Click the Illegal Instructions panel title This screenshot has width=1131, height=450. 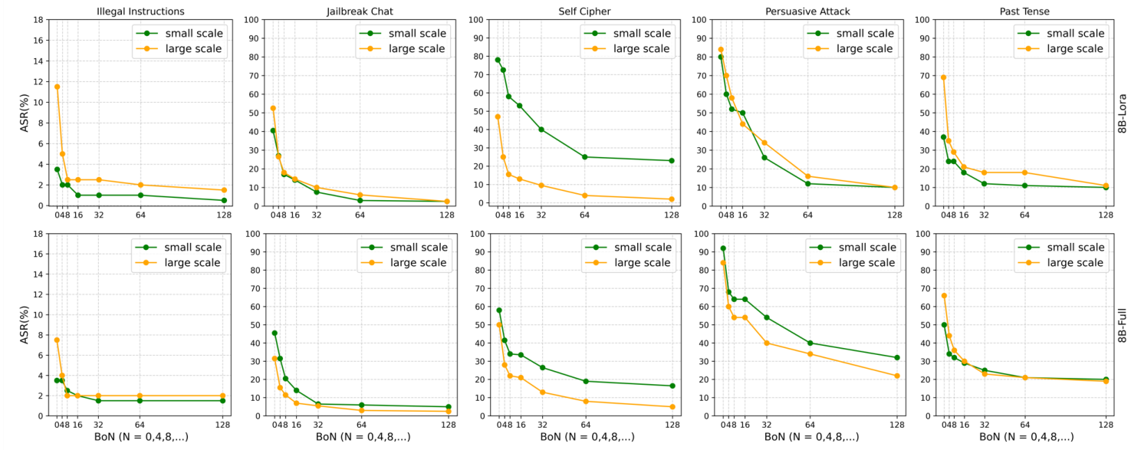coord(140,11)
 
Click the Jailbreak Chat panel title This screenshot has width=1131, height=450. coord(360,11)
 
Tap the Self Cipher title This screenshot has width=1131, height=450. coord(584,11)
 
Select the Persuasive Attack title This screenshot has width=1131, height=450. coord(807,11)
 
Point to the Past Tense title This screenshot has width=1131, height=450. coord(1024,11)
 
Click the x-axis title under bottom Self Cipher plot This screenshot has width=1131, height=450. coord(587,437)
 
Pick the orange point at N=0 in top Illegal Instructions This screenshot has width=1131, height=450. coord(57,87)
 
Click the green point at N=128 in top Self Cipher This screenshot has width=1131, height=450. coord(672,160)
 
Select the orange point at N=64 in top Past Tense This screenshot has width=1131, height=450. coord(1024,172)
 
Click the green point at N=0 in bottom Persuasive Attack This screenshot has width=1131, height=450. coord(722,248)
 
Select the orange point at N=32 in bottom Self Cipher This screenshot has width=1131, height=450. coord(542,392)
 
